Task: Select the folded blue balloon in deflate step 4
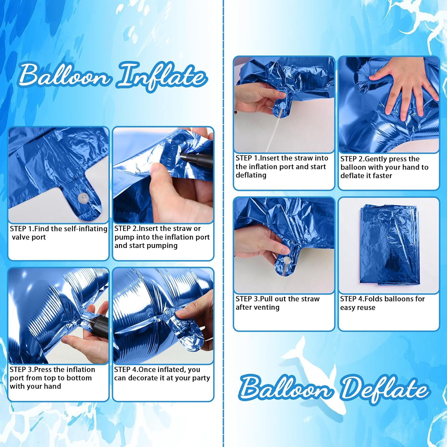tap(389, 244)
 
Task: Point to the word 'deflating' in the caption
tap(251, 175)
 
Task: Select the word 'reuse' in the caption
tap(365, 308)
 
